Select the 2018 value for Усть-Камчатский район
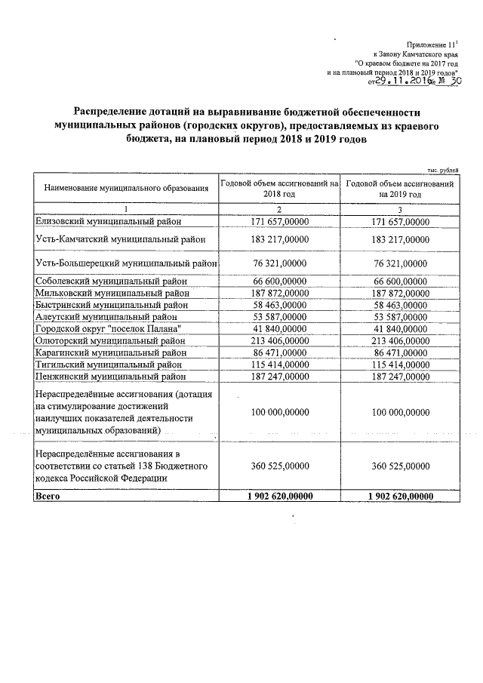(278, 239)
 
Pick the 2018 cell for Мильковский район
(278, 293)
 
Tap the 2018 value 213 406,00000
(278, 340)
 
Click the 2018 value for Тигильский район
(278, 364)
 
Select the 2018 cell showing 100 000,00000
(278, 413)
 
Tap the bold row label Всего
(48, 496)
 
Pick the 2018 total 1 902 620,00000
(278, 496)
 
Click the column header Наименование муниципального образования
(125, 187)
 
